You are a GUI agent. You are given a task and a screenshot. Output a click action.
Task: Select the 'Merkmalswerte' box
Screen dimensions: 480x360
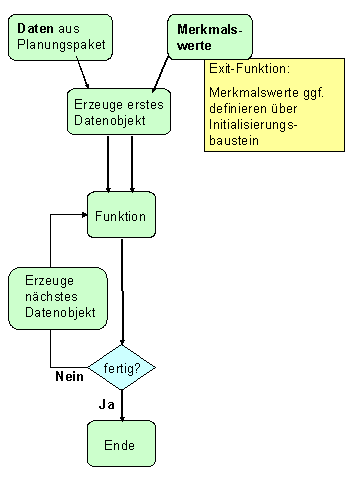(208, 37)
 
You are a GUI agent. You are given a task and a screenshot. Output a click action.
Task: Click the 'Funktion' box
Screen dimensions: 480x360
(121, 215)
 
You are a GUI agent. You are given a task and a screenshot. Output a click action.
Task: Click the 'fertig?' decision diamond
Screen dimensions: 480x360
(122, 368)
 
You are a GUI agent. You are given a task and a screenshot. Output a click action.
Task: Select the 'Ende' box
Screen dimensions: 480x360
(121, 443)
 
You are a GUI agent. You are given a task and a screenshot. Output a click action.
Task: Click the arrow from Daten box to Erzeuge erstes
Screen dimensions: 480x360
(81, 72)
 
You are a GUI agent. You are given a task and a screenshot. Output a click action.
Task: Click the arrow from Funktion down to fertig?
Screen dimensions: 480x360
(122, 290)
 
